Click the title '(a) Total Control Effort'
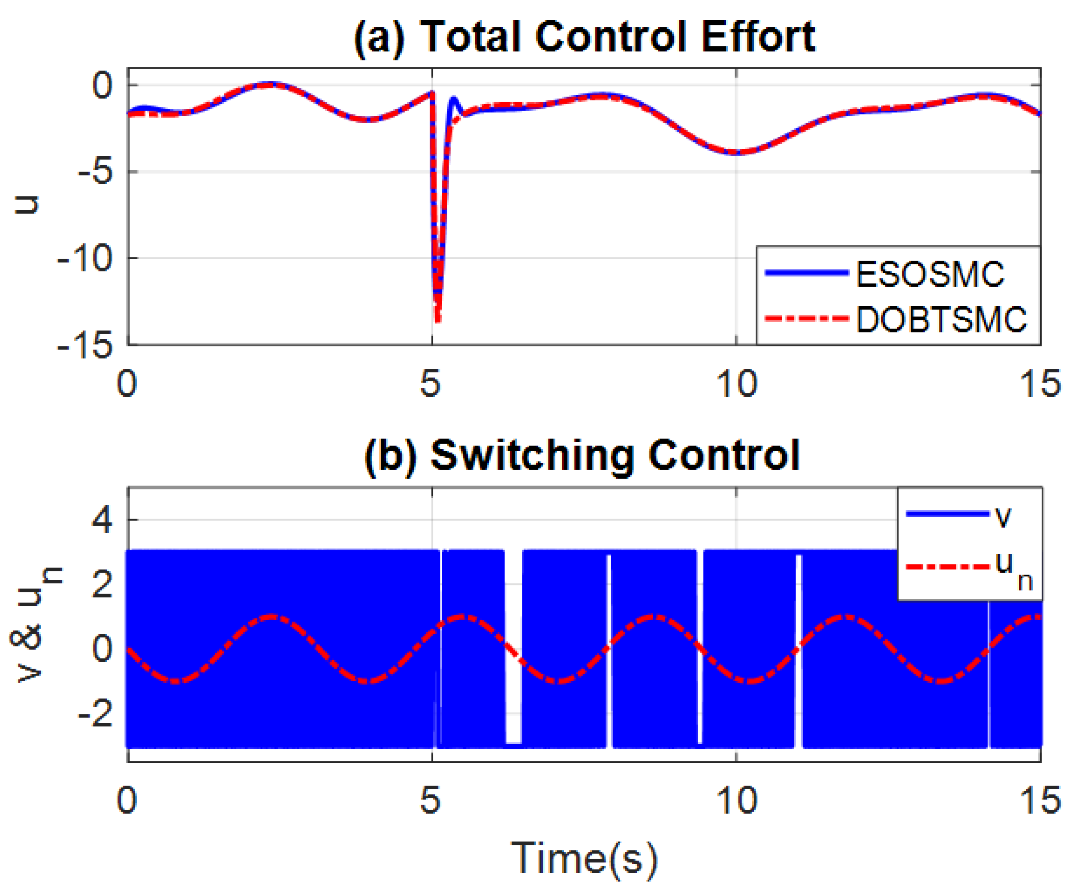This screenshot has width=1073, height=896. [584, 37]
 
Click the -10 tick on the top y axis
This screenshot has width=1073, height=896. [85, 258]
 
